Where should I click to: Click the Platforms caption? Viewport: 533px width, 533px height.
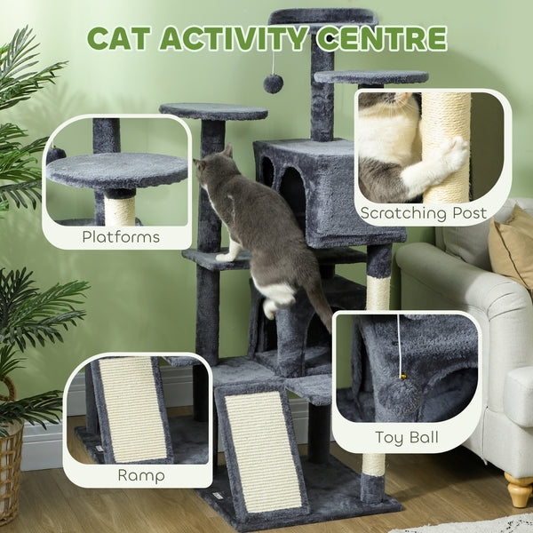pos(121,236)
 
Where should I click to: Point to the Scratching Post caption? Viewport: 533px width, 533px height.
pos(423,213)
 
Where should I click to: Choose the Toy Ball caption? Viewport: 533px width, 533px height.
pos(406,437)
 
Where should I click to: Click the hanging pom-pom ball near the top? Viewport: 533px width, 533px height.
pos(273,84)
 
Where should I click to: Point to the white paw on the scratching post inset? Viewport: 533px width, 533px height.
pos(453,153)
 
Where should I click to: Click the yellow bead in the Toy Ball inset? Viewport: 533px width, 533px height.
pos(405,378)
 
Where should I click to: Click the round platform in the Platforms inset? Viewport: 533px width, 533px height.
pos(115,169)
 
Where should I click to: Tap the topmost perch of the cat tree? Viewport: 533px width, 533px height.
pos(322,16)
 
